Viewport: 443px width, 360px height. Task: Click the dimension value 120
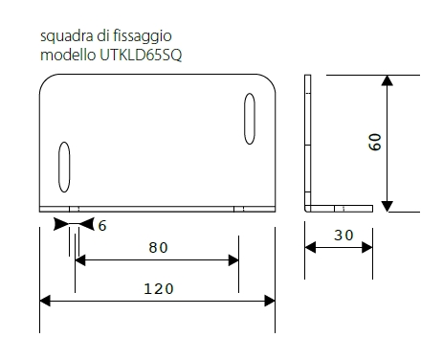point(159,287)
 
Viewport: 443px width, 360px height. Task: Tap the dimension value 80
point(158,247)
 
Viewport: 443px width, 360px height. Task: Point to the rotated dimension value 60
point(376,141)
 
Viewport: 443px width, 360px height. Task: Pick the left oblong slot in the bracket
point(65,167)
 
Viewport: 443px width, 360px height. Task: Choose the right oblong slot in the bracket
point(249,118)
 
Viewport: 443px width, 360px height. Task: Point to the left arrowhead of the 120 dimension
point(45,301)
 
